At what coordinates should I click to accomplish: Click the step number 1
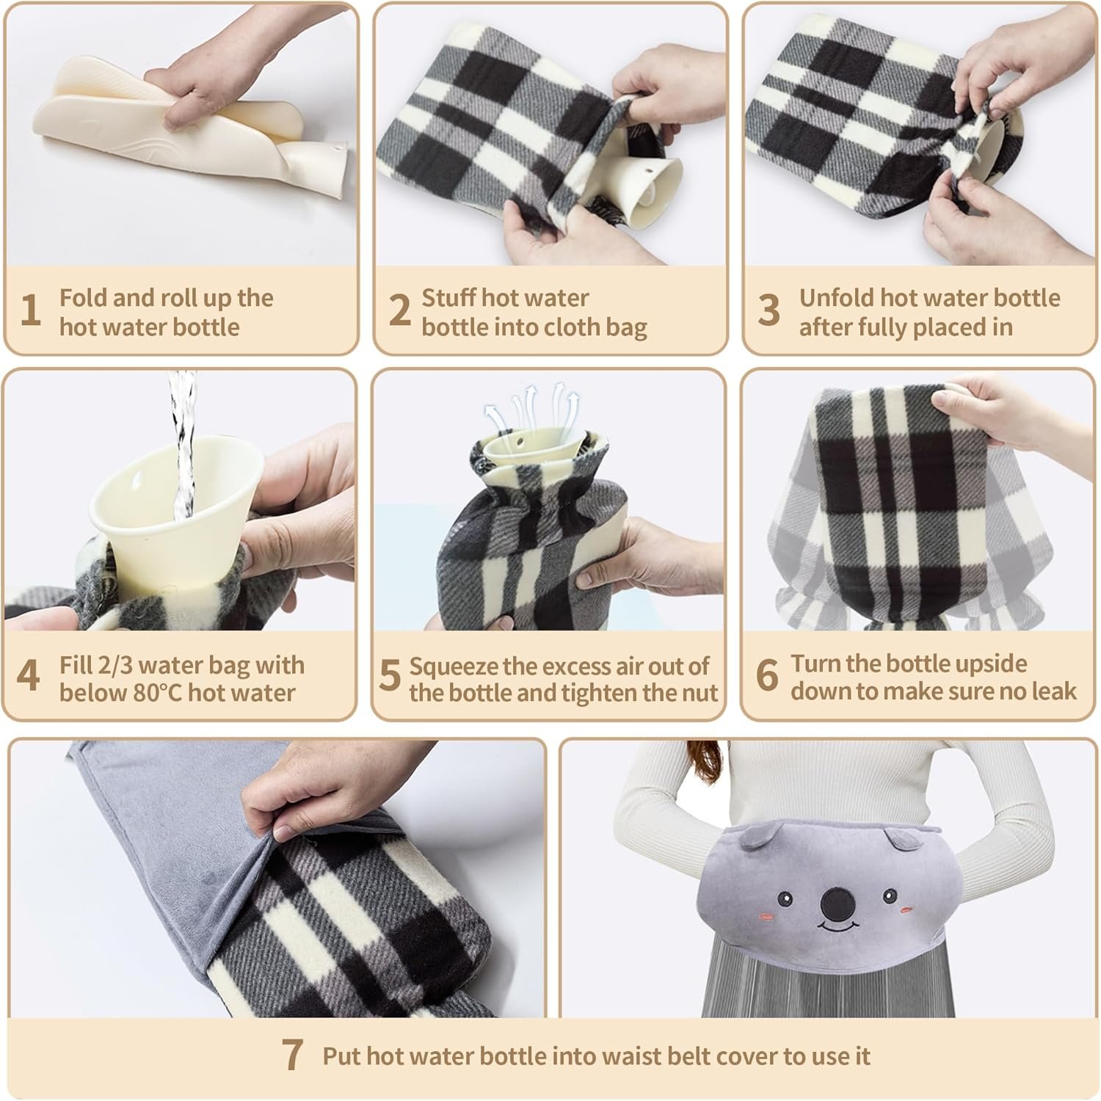click(30, 310)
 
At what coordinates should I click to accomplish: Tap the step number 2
click(399, 310)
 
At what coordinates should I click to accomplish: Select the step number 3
click(768, 310)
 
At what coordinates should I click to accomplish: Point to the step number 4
click(28, 675)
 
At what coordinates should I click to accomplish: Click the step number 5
click(389, 675)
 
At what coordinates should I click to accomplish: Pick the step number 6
click(767, 675)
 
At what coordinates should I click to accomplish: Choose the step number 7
click(292, 1055)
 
